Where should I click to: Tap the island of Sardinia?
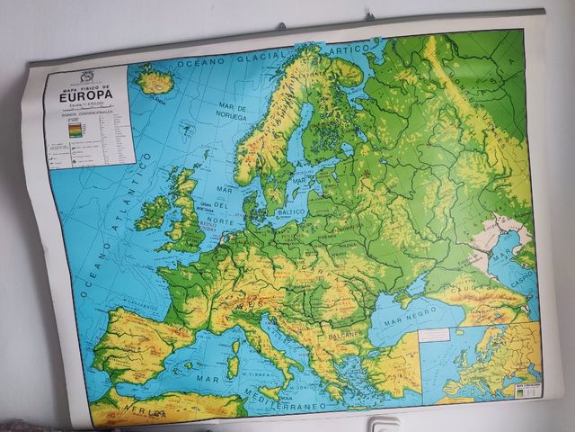click(233, 364)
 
